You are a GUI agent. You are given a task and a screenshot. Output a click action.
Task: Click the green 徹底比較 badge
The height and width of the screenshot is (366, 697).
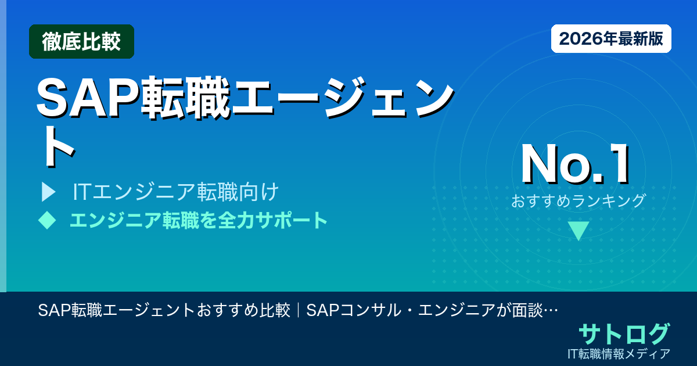(81, 42)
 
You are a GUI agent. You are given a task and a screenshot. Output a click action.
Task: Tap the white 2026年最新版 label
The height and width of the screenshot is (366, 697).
(611, 39)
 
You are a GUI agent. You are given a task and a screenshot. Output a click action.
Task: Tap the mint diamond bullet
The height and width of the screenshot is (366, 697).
(46, 220)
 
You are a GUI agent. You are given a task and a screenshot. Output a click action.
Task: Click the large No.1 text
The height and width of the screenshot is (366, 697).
(576, 165)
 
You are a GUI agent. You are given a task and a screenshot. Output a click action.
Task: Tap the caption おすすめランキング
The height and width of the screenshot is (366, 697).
(579, 201)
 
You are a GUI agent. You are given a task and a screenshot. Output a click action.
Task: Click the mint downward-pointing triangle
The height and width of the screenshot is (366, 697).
(579, 230)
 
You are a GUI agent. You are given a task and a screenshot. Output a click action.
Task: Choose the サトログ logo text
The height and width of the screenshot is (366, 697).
(624, 334)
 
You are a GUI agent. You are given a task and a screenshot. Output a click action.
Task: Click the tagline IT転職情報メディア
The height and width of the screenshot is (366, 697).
(620, 353)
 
